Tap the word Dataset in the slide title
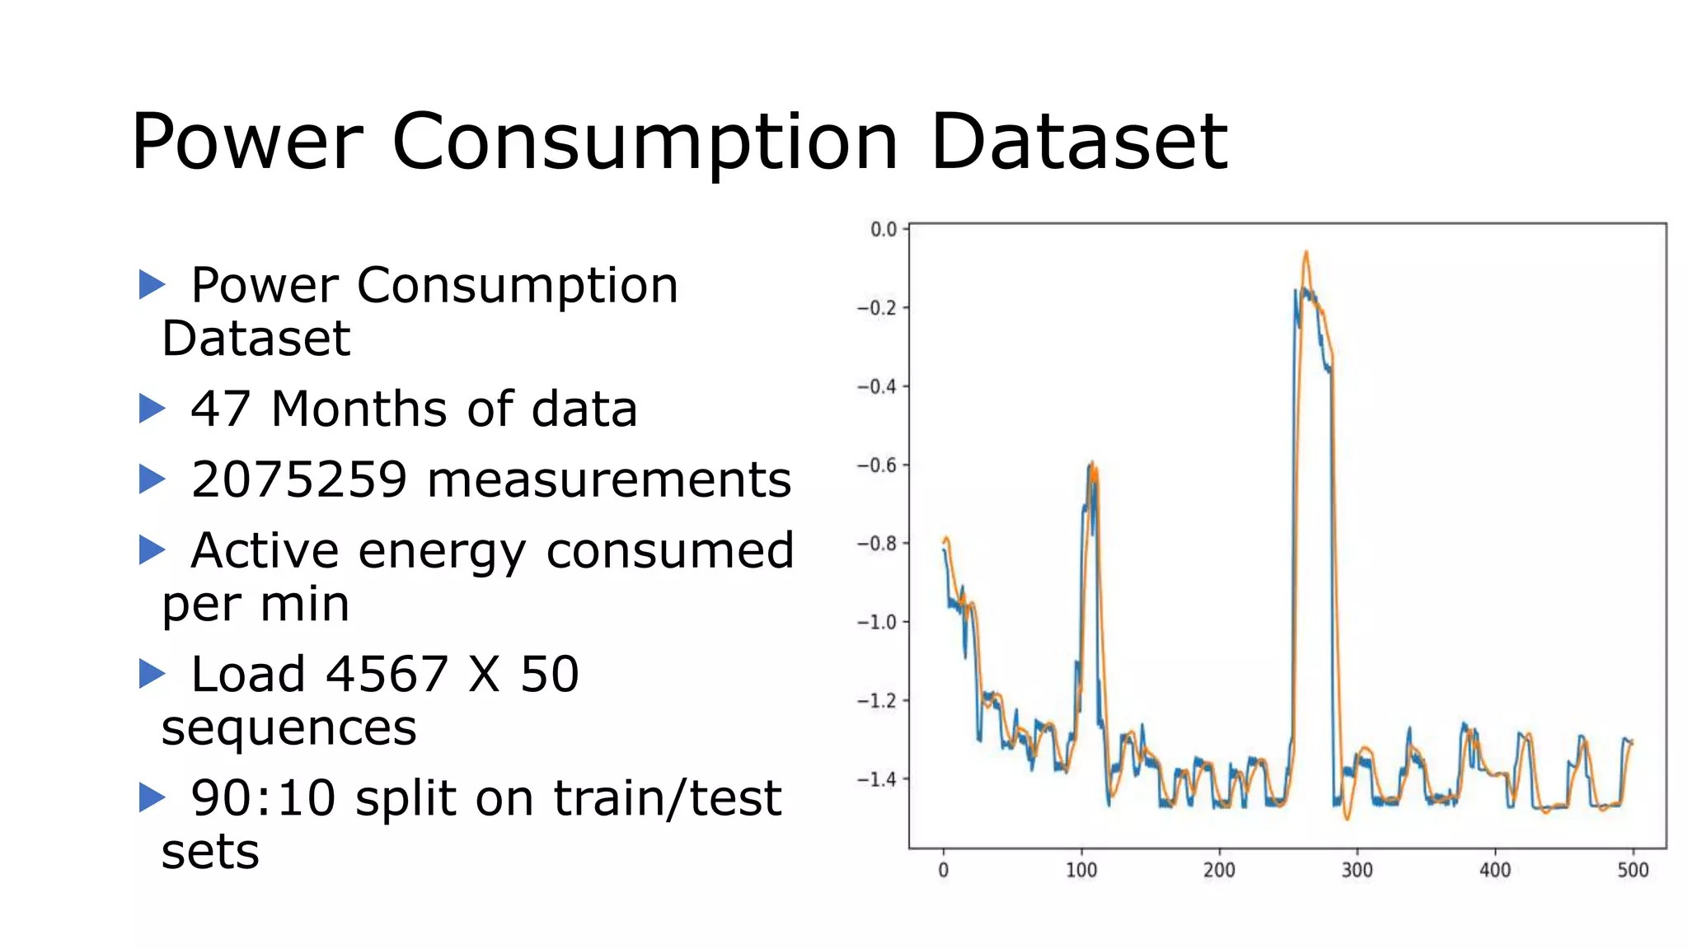click(1080, 142)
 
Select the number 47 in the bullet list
click(220, 409)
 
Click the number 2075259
click(299, 479)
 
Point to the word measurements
click(609, 479)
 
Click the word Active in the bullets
click(265, 550)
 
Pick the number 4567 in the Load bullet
click(387, 674)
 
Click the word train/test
click(667, 797)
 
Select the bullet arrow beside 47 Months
click(152, 409)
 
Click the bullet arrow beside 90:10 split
click(152, 797)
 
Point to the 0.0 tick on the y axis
click(884, 229)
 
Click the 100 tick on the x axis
click(1081, 870)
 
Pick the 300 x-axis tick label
click(1357, 870)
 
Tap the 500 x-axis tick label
click(1632, 870)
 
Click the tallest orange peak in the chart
click(1306, 254)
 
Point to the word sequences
click(289, 728)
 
